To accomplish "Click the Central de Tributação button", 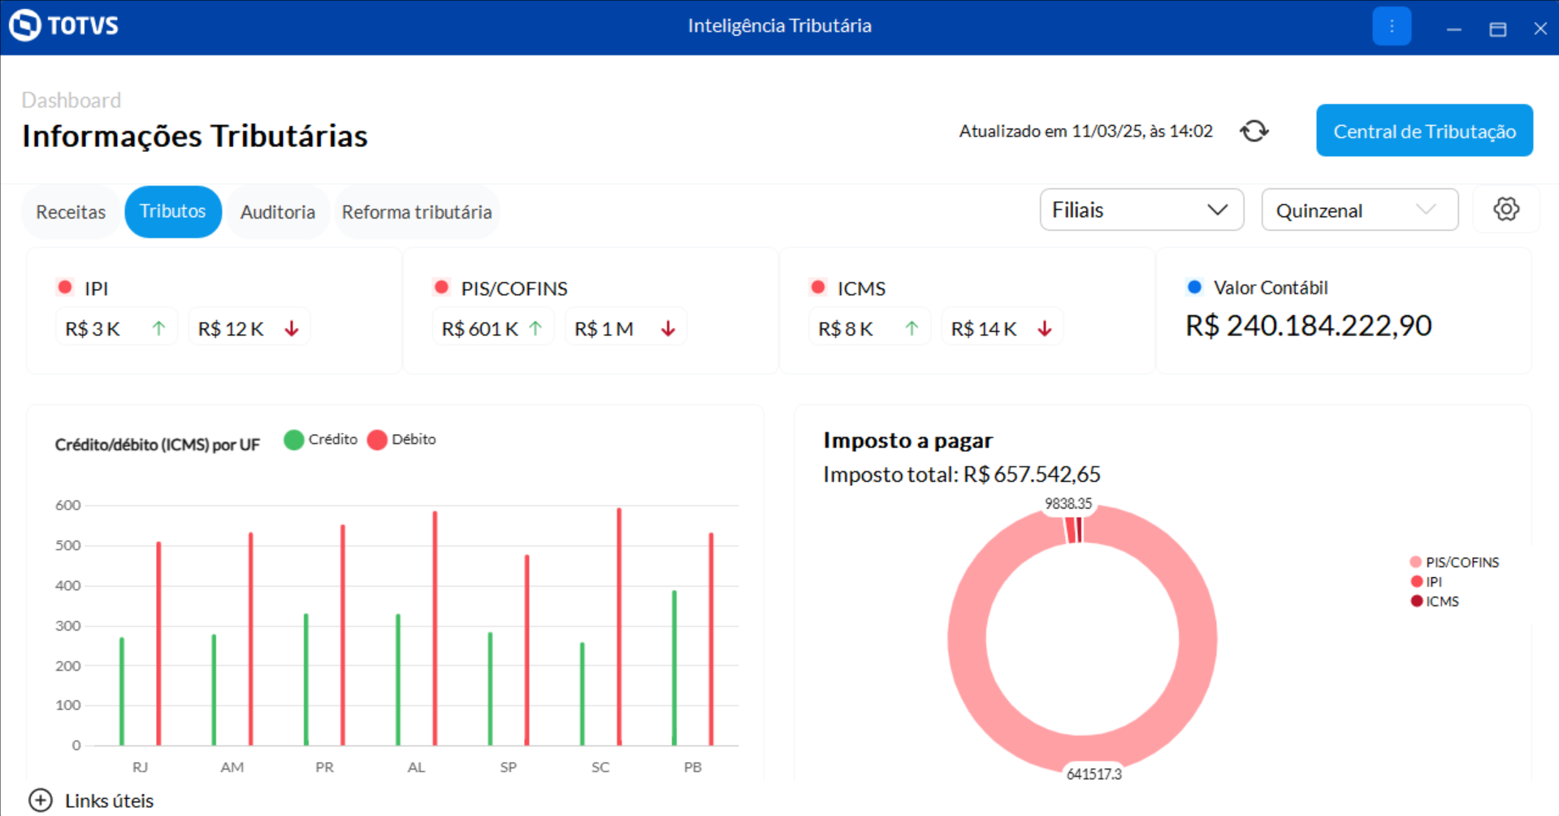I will pyautogui.click(x=1424, y=131).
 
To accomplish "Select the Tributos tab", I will pyautogui.click(x=172, y=211).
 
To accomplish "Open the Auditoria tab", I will pyautogui.click(x=277, y=212).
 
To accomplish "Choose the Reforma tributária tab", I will pyautogui.click(x=416, y=212).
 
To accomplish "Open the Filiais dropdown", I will pyautogui.click(x=1141, y=211).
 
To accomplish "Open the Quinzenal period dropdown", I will pyautogui.click(x=1358, y=211).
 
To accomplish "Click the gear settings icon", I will pyautogui.click(x=1505, y=210).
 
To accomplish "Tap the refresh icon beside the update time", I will pyautogui.click(x=1254, y=131).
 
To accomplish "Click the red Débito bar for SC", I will pyautogui.click(x=619, y=626).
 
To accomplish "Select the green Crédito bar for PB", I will pyautogui.click(x=674, y=666).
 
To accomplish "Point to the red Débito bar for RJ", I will pyautogui.click(x=158, y=642).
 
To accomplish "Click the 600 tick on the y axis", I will pyautogui.click(x=68, y=506).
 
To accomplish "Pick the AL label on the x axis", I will pyautogui.click(x=416, y=767).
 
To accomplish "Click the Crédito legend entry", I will pyautogui.click(x=321, y=440).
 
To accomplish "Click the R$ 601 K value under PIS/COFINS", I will pyautogui.click(x=479, y=329).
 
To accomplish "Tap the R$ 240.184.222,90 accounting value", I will pyautogui.click(x=1308, y=326).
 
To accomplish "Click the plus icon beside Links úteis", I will pyautogui.click(x=41, y=801).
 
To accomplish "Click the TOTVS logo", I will pyautogui.click(x=64, y=26).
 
